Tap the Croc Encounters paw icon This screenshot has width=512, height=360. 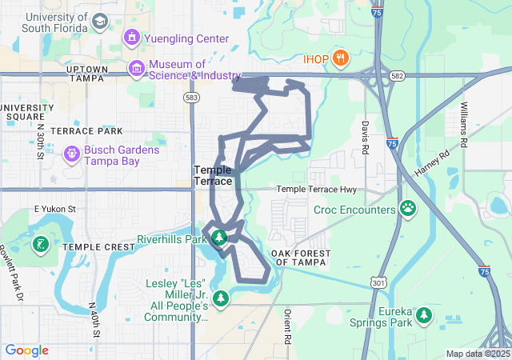(x=408, y=209)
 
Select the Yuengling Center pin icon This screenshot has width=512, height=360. (x=131, y=38)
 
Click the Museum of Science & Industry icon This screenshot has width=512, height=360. (x=137, y=70)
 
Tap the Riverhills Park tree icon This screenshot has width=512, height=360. (x=217, y=238)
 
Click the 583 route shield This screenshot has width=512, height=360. (x=191, y=97)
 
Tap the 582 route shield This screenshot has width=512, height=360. (x=398, y=74)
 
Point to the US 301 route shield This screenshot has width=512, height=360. (x=378, y=282)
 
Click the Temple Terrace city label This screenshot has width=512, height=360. (x=213, y=175)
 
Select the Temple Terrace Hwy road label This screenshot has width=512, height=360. (x=316, y=190)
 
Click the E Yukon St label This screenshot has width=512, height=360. (x=54, y=209)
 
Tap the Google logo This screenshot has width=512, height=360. (x=26, y=350)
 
